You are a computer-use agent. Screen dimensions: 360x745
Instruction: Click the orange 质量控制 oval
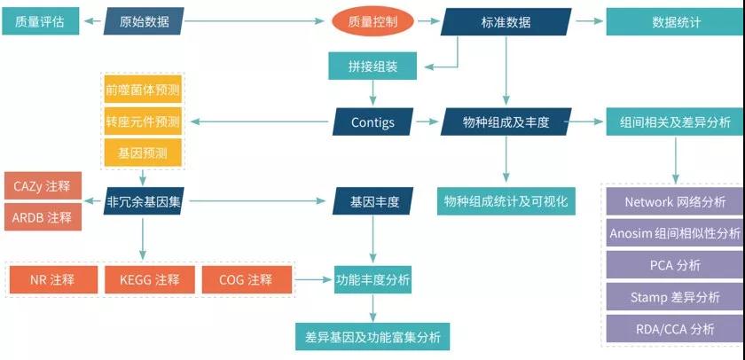pos(373,21)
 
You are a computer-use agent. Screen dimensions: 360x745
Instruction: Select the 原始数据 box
pos(144,21)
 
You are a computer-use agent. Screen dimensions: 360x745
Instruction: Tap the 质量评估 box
pos(40,21)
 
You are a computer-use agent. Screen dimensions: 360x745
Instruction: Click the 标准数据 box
pos(506,21)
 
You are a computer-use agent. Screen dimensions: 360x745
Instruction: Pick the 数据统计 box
pos(674,21)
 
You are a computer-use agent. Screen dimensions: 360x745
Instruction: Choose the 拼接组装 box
pos(373,65)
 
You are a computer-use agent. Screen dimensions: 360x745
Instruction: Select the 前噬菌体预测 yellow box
pos(143,90)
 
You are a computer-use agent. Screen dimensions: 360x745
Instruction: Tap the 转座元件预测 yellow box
pos(143,121)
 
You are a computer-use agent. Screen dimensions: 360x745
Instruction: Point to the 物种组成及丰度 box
pos(506,121)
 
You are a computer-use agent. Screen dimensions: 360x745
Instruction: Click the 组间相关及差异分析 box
pos(675,121)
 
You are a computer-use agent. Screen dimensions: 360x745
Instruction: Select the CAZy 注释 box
pos(43,186)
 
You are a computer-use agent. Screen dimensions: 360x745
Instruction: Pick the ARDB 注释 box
pos(43,217)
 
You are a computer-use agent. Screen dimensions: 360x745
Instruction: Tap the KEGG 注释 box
pos(149,279)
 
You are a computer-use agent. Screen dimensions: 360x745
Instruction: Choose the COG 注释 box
pos(246,279)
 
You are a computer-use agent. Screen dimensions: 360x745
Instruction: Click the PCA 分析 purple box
pos(675,265)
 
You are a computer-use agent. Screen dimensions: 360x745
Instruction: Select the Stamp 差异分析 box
pos(675,297)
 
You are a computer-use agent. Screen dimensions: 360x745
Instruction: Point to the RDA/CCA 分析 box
pos(675,328)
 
